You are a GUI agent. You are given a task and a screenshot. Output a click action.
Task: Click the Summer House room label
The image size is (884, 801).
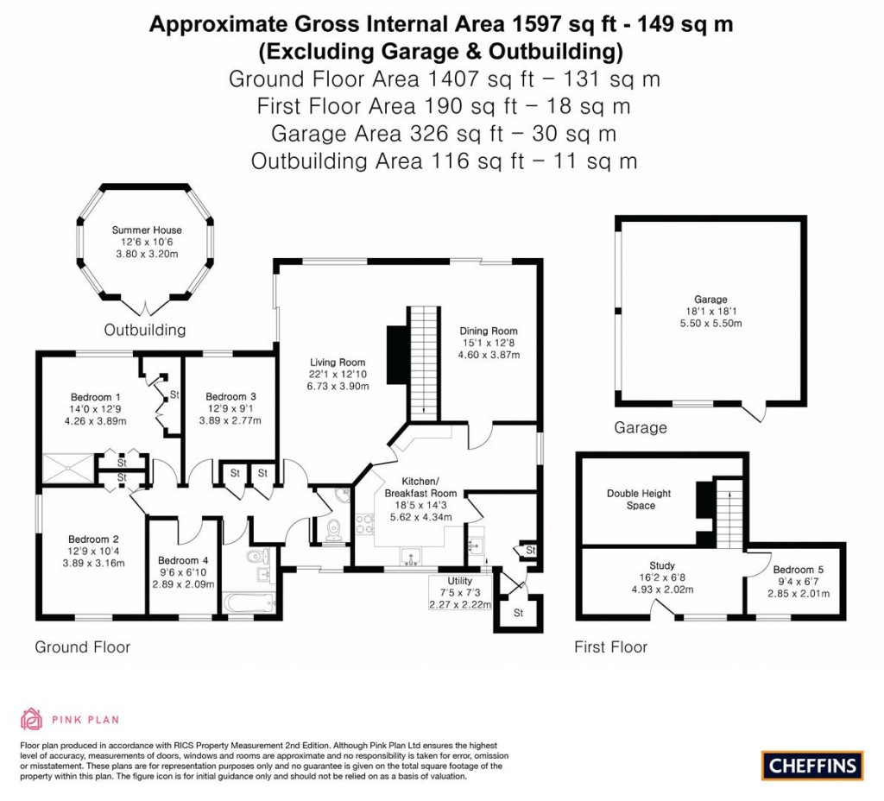(x=147, y=230)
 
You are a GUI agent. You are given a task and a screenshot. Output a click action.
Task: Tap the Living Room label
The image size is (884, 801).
(x=339, y=363)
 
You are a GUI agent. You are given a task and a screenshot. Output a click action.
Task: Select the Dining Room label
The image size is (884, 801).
(x=488, y=331)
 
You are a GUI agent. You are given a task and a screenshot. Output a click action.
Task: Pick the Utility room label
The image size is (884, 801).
(x=460, y=581)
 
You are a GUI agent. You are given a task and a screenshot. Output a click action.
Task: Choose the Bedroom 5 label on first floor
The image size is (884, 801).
(x=799, y=570)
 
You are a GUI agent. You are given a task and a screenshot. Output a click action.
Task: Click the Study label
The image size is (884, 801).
(x=663, y=566)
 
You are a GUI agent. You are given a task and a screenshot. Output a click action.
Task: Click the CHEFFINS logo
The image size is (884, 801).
(x=812, y=765)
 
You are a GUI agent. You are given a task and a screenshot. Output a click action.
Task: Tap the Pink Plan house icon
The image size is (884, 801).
(x=32, y=718)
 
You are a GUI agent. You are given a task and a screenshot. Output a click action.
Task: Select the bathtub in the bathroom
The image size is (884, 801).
(x=248, y=602)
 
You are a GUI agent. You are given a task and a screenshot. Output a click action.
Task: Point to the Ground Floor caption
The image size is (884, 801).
(x=82, y=646)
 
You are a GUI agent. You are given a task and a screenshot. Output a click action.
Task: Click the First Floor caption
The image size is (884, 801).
(x=611, y=646)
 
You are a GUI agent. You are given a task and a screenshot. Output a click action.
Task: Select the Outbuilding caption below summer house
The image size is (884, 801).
(x=145, y=330)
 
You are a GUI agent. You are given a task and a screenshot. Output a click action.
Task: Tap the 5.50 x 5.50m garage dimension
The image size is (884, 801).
(x=712, y=323)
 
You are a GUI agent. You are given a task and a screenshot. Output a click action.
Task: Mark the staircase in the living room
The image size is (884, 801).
(x=422, y=363)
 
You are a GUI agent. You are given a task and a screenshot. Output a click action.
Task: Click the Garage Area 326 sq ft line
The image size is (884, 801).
(x=443, y=134)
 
